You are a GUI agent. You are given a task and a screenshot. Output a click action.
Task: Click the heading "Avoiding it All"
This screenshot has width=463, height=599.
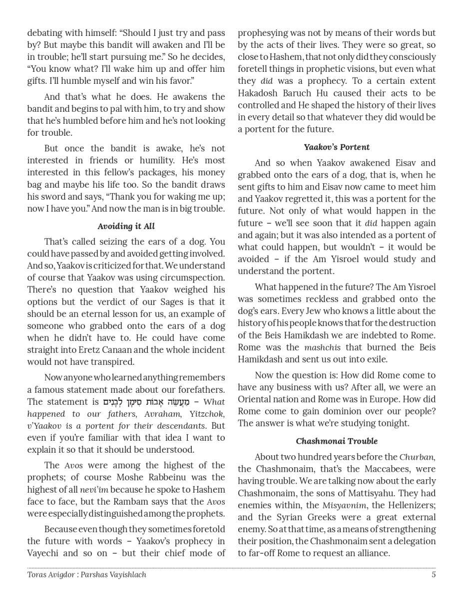126,226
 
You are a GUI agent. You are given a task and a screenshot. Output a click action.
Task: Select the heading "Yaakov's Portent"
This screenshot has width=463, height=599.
337,147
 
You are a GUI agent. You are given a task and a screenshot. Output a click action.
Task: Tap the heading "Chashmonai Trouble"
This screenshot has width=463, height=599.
337,441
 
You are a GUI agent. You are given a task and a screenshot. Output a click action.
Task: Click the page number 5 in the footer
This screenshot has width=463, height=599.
434,575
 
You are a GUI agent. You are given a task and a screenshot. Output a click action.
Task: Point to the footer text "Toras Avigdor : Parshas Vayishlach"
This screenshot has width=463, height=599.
87,575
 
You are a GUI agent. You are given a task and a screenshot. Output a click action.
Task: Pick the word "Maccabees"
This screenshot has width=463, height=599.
379,469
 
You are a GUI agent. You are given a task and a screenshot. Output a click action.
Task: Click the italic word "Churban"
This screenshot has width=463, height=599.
417,457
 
